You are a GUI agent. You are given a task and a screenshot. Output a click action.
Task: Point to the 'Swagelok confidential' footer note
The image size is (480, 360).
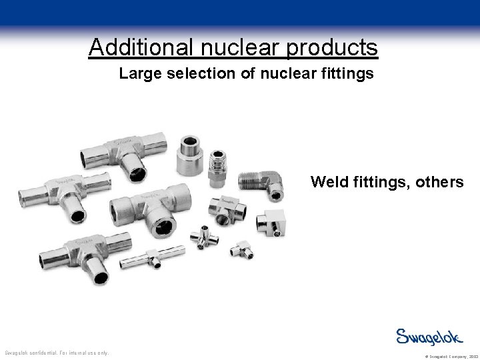pyautogui.click(x=57, y=353)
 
